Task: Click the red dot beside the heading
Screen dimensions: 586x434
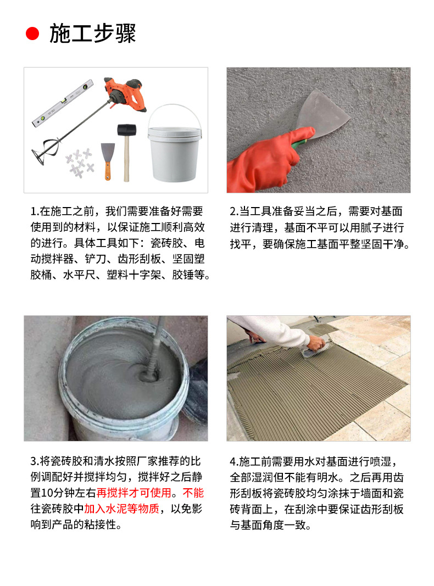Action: coord(33,35)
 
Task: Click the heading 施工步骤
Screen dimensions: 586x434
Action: coord(92,34)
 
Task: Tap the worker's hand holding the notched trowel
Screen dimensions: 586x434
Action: coord(315,343)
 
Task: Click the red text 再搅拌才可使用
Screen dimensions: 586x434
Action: coord(134,492)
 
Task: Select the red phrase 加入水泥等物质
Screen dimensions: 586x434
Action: coord(121,509)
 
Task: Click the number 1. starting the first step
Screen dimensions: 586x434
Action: coord(34,211)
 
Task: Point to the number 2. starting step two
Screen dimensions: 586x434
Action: coord(233,211)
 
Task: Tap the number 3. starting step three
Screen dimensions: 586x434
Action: coord(34,460)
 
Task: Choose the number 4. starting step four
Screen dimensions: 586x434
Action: coord(233,460)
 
